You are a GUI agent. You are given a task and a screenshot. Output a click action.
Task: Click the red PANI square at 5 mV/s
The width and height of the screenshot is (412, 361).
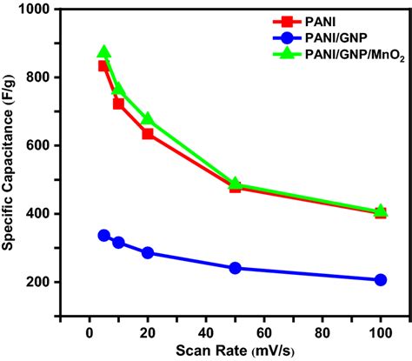tap(103, 65)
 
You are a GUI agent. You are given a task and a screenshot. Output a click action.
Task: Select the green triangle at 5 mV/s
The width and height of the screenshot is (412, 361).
tap(104, 53)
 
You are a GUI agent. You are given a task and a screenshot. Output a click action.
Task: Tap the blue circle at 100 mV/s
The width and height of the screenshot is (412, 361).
tap(380, 280)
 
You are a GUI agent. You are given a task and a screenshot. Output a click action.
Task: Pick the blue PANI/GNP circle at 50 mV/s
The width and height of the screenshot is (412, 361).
tap(235, 268)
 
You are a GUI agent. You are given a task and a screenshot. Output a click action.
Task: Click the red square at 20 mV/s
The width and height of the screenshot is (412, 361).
tap(148, 134)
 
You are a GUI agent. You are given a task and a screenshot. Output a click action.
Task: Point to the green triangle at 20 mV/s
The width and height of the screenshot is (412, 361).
tap(148, 119)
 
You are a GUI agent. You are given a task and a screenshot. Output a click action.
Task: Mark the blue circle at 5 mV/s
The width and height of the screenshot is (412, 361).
tap(104, 236)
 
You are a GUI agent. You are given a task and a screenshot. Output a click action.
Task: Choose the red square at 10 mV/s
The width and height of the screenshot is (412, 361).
tap(118, 104)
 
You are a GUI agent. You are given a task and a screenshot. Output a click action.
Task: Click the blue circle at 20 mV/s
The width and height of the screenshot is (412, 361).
tap(148, 253)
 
